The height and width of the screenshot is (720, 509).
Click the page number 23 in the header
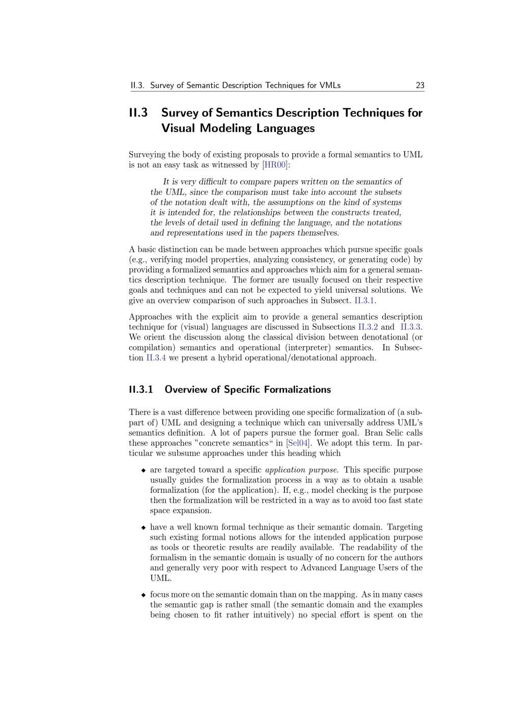click(x=420, y=86)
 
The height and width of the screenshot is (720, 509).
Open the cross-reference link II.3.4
click(x=156, y=357)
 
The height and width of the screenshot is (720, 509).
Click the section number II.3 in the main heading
click(x=138, y=113)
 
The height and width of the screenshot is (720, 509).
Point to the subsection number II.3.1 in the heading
click(x=141, y=390)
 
